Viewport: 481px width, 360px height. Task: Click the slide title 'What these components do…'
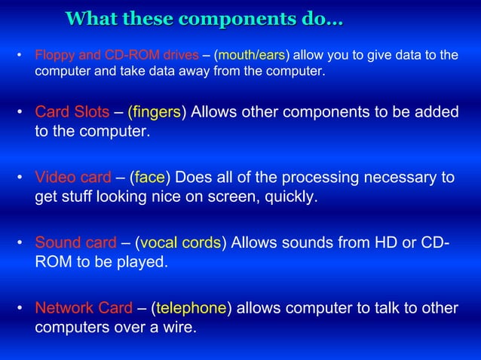(204, 18)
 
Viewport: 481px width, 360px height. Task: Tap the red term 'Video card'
(73, 178)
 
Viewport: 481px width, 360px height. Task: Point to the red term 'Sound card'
(75, 243)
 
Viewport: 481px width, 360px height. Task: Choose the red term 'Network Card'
(84, 309)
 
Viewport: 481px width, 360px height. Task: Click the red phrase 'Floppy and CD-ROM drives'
(116, 55)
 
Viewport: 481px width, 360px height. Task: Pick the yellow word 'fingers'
(155, 113)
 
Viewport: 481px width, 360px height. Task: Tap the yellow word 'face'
(150, 178)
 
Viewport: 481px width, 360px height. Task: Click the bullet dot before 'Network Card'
(20, 309)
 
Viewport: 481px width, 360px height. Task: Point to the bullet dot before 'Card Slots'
(20, 113)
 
